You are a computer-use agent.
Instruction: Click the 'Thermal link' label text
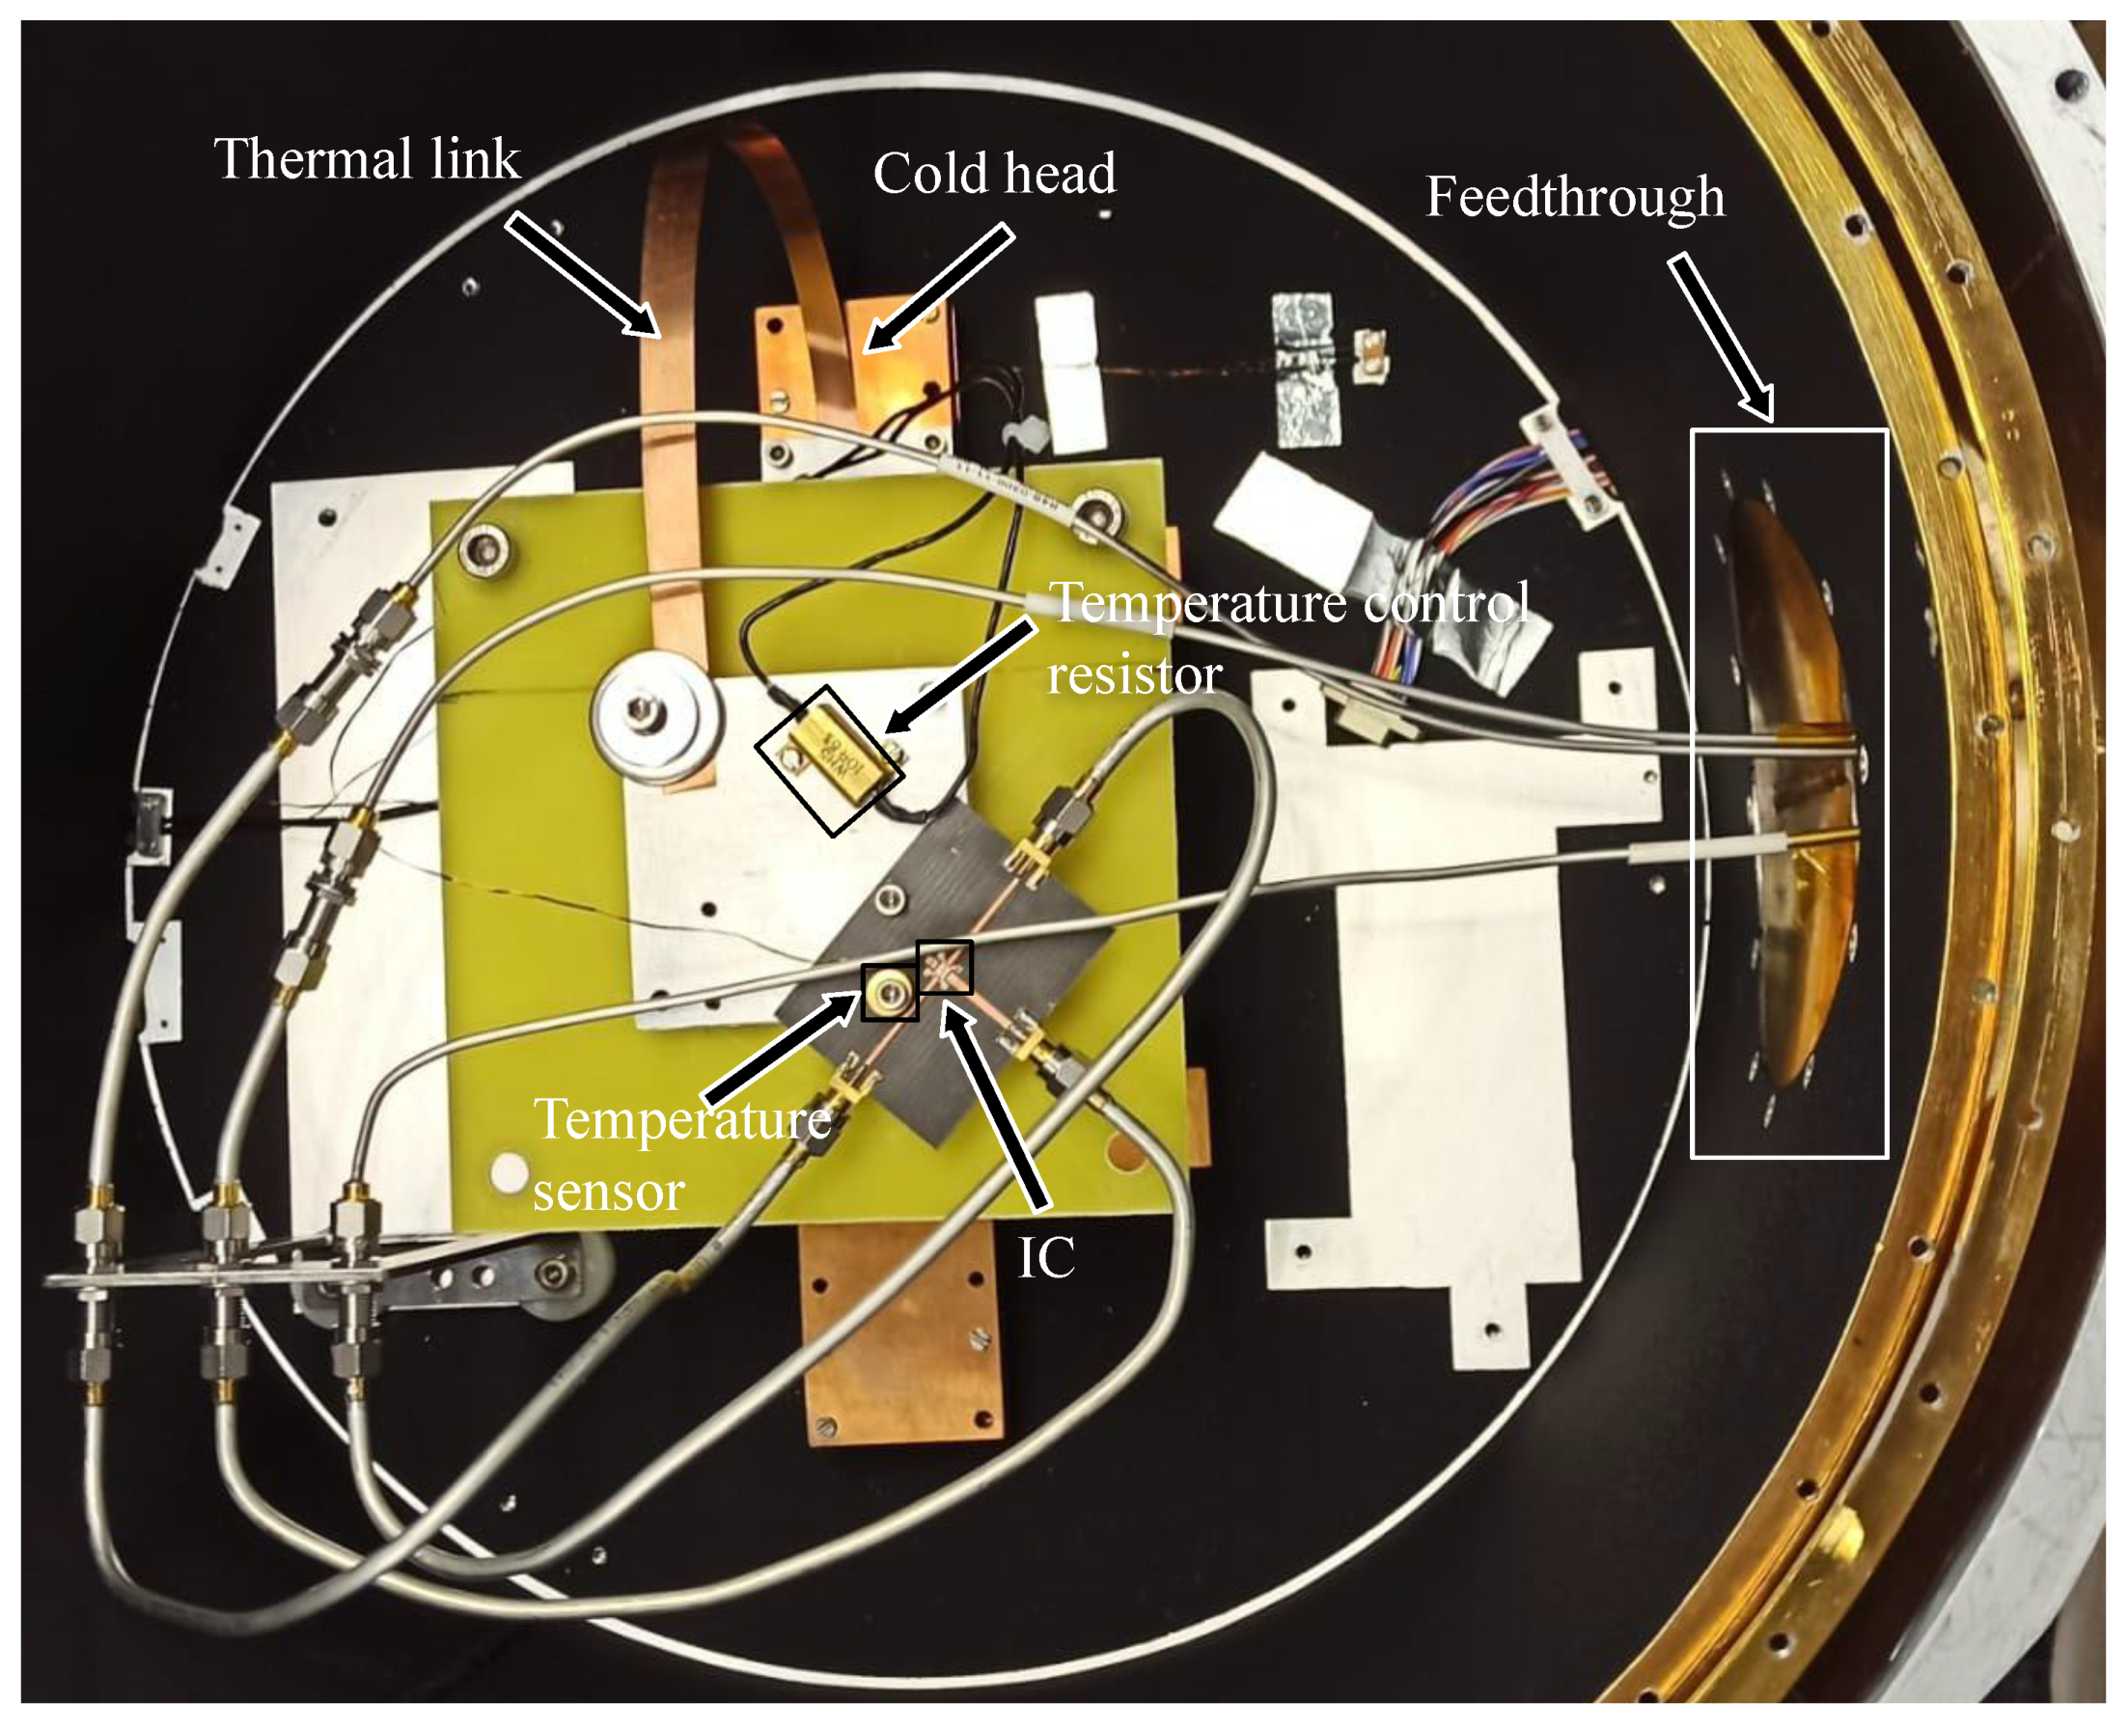[x=367, y=159]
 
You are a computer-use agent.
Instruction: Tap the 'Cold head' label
[x=994, y=175]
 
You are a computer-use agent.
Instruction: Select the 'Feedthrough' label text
[x=1575, y=196]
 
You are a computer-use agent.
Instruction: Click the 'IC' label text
[x=1045, y=1257]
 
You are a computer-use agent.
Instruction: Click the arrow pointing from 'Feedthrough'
[x=1722, y=337]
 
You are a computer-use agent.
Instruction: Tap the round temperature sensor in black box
[x=888, y=992]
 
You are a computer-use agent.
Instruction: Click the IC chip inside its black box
[x=944, y=967]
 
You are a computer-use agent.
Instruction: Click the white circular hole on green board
[x=509, y=1172]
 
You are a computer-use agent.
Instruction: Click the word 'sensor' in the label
[x=608, y=1193]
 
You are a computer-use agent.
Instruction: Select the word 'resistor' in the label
[x=1134, y=676]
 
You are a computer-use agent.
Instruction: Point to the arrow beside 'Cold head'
[x=940, y=287]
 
